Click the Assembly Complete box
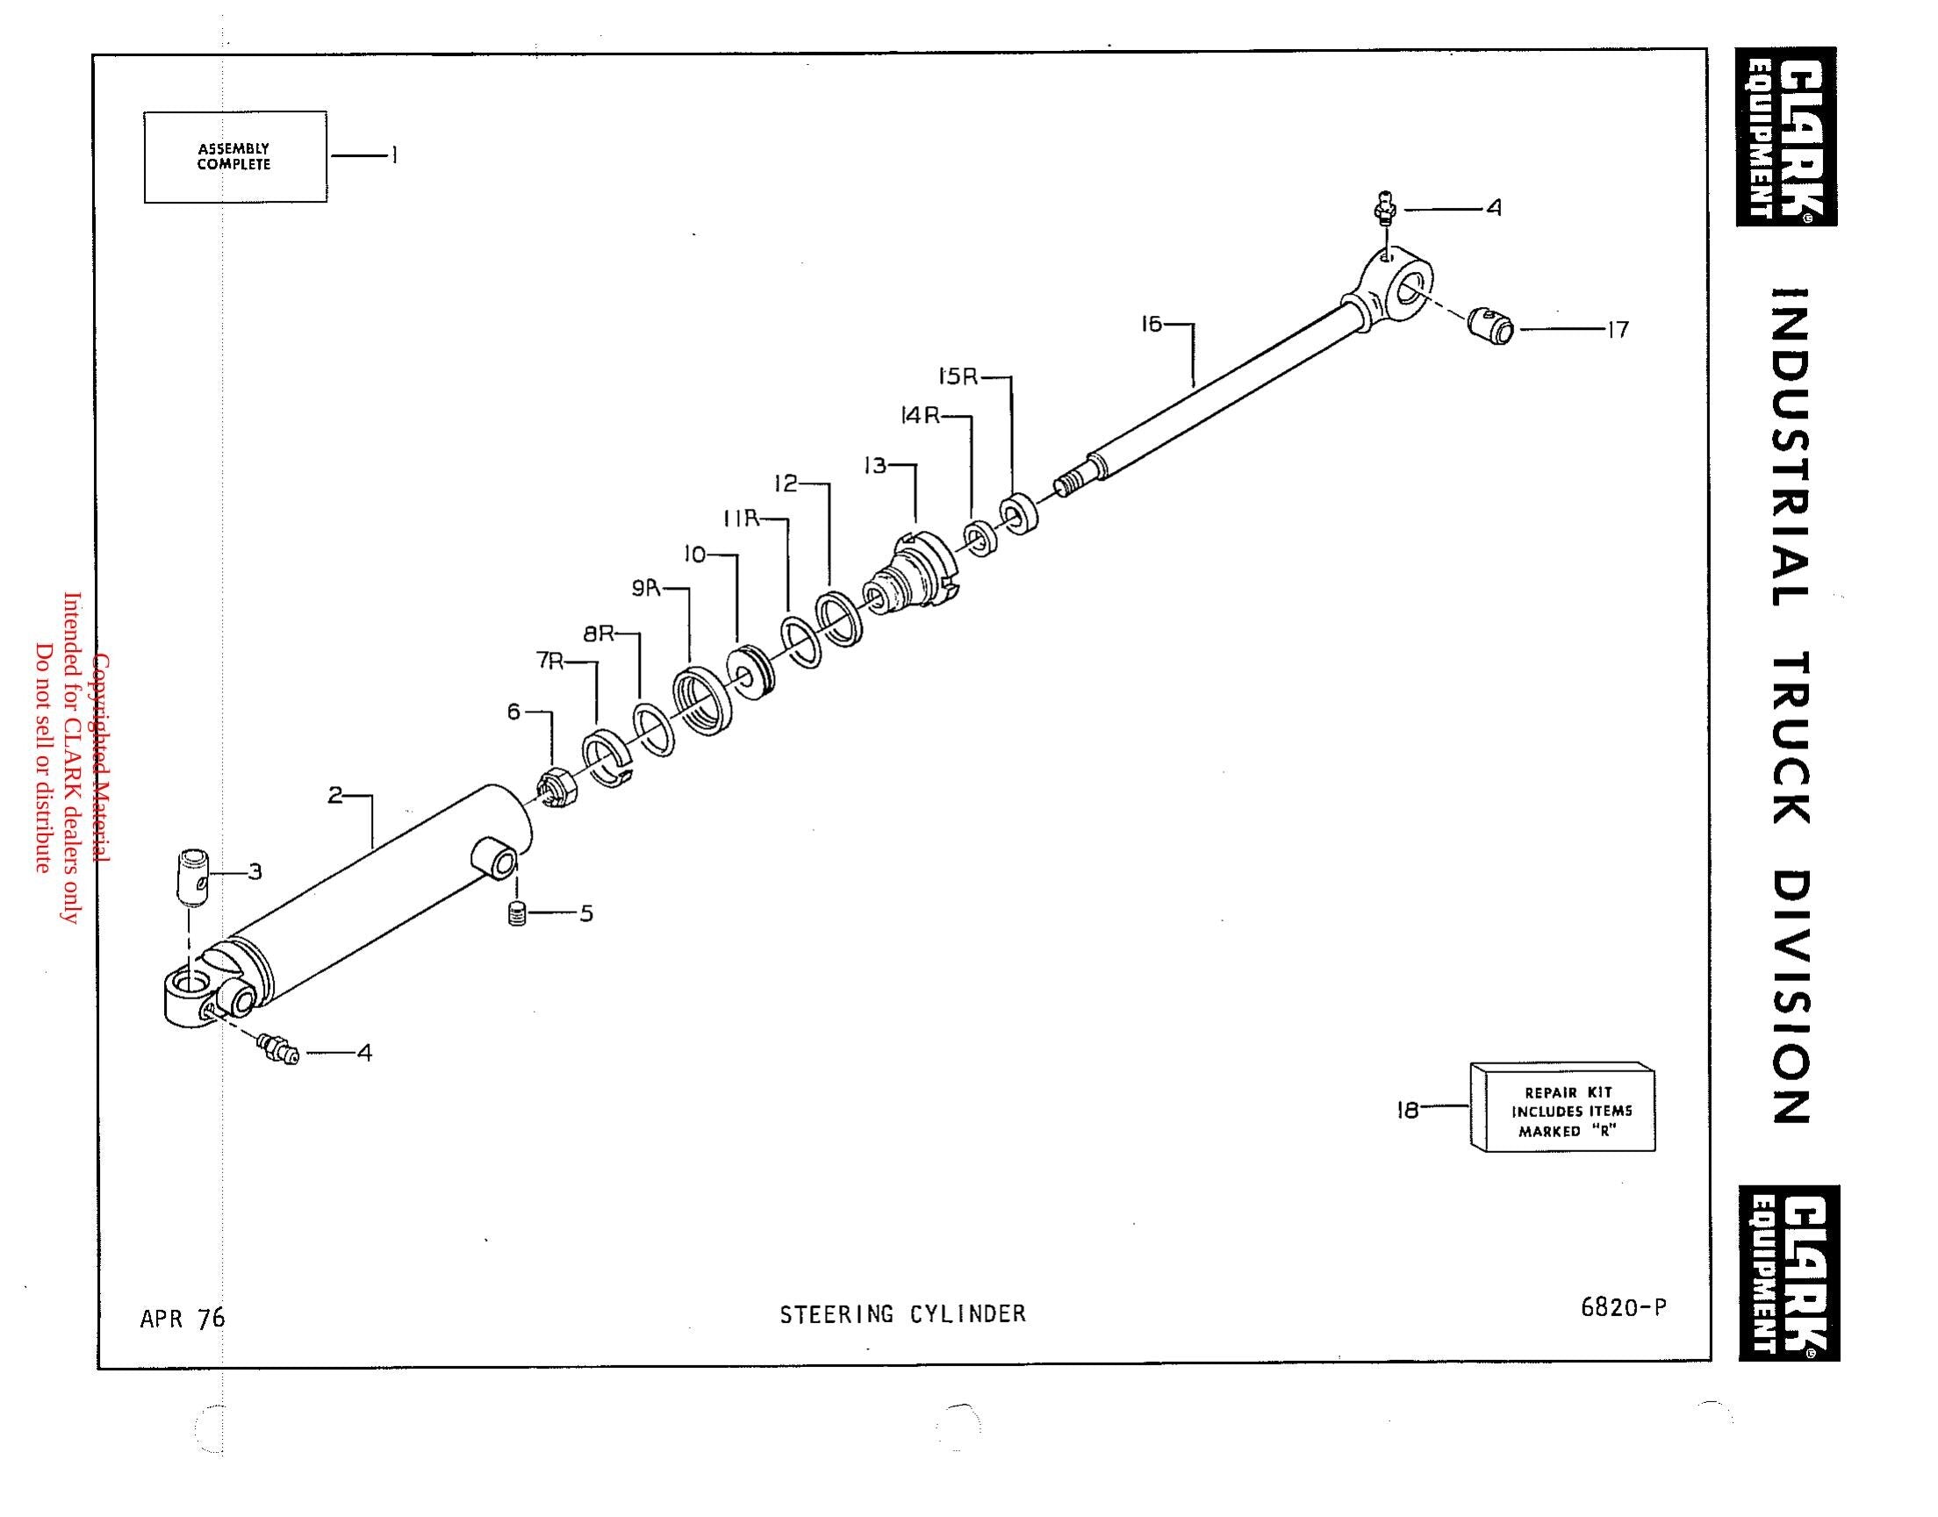(x=235, y=157)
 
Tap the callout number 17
(x=1618, y=330)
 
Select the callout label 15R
(x=958, y=376)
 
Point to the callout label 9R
(x=647, y=588)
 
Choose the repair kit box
(x=1563, y=1106)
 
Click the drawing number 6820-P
(x=1624, y=1306)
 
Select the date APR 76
(x=183, y=1318)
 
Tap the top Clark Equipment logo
(x=1787, y=137)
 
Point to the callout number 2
(x=335, y=795)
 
